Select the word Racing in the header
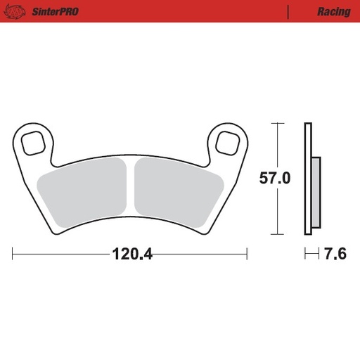coord(333,12)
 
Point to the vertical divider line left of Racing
coord(288,12)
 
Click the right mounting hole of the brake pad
coord(227,141)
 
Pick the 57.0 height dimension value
coord(274,179)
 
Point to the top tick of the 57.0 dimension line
coord(278,123)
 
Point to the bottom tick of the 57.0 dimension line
coord(278,233)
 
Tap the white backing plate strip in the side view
coord(307,179)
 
